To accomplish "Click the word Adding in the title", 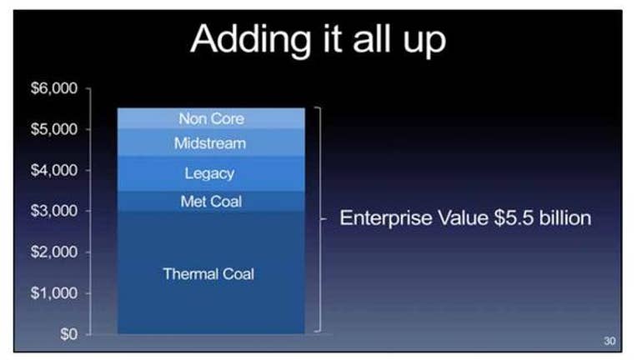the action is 251,39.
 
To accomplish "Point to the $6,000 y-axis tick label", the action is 54,88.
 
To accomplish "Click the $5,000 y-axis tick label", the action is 54,129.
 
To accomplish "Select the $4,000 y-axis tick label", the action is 54,170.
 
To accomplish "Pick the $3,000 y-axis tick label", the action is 54,211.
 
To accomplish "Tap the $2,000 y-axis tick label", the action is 54,252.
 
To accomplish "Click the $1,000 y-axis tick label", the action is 54,292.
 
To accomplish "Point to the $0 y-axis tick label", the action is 68,333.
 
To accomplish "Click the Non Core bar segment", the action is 211,118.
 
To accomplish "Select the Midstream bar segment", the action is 211,142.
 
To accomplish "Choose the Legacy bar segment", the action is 211,173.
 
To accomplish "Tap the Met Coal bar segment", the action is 211,202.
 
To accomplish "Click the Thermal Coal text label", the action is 208,274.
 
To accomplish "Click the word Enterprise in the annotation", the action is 386,218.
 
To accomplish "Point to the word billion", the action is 565,217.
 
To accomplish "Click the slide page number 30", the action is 609,341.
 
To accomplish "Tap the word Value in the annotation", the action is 463,217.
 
